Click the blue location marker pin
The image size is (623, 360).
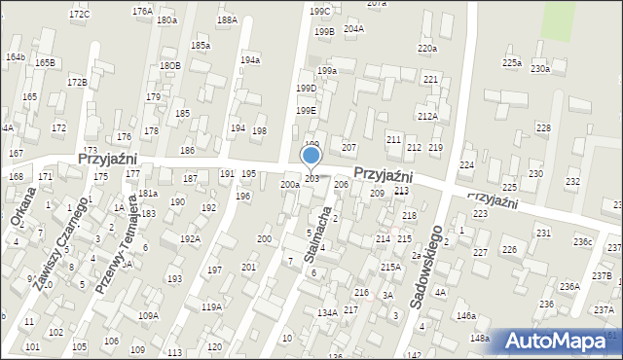coord(311,156)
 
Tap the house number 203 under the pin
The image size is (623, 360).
coord(311,178)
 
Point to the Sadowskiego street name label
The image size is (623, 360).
coord(426,267)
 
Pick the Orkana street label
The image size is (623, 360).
coord(21,205)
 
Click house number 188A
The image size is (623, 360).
coord(227,19)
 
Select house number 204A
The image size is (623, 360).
coord(353,28)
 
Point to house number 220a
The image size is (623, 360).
coord(426,48)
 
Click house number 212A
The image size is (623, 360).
coord(427,116)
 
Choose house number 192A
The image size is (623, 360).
coord(189,238)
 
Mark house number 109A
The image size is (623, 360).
coord(148,315)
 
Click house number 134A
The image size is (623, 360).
coord(327,312)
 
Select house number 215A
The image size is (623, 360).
coord(390,267)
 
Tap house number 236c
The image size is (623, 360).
coord(582,241)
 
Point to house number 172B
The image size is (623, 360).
coord(77,82)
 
